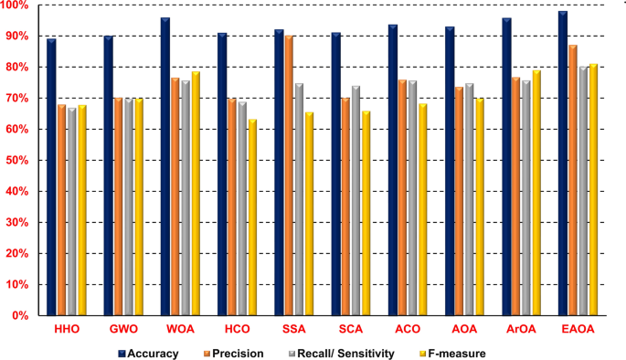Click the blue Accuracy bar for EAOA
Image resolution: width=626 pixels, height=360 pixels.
(x=563, y=164)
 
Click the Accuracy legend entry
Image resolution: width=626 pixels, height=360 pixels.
(x=148, y=352)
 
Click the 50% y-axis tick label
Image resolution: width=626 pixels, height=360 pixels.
(x=18, y=161)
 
